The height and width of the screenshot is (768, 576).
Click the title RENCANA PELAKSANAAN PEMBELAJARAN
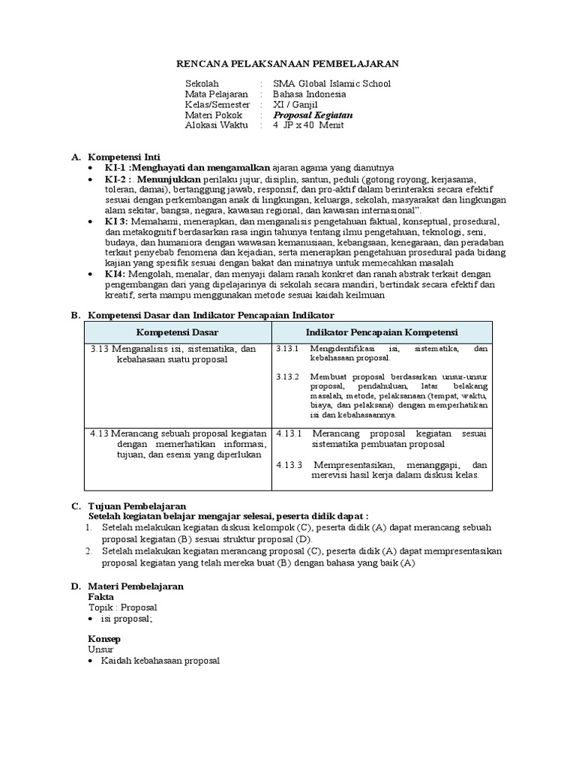(x=287, y=64)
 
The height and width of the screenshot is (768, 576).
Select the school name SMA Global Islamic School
(x=332, y=84)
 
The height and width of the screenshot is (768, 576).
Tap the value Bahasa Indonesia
(x=310, y=94)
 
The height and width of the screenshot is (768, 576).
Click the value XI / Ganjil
(x=295, y=105)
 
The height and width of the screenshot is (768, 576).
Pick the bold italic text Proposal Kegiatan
(x=313, y=115)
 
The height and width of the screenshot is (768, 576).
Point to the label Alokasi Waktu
(x=216, y=126)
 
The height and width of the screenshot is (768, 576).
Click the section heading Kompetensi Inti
(x=120, y=157)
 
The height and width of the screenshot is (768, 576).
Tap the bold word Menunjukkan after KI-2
(x=169, y=181)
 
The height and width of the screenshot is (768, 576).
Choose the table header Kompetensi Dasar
(x=175, y=331)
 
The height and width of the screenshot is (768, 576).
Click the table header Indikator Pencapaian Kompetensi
(x=381, y=331)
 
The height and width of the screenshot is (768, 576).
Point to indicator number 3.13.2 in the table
(x=287, y=376)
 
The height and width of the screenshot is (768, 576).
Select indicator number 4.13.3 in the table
(x=288, y=464)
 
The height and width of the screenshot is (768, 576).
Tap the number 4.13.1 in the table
(x=288, y=433)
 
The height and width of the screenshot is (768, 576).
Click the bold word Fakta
(x=100, y=596)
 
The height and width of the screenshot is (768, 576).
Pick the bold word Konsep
(x=104, y=638)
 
